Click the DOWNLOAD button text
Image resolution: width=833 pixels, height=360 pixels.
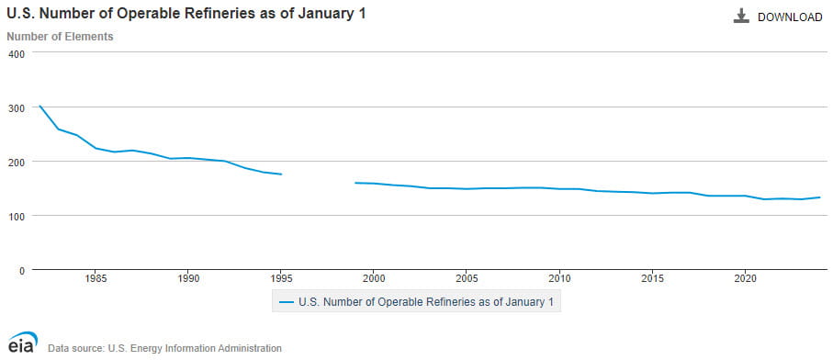[789, 17]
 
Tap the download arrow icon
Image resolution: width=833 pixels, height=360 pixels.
[741, 17]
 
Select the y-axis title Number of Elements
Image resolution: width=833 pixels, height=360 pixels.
[60, 37]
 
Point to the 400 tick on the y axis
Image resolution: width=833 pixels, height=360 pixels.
[16, 53]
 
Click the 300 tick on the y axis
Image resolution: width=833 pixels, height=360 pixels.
[16, 107]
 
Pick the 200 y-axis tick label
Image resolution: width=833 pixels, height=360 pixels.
[16, 162]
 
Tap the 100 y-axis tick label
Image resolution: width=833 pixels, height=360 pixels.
[16, 216]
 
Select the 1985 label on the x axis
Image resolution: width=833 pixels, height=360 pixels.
[96, 276]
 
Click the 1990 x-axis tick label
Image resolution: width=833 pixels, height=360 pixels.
[188, 276]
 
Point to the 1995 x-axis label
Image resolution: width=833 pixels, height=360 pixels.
[281, 276]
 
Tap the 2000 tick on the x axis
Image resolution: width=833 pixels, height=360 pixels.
[374, 276]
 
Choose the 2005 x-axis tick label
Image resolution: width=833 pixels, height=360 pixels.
[467, 276]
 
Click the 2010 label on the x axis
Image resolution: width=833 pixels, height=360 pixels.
[559, 276]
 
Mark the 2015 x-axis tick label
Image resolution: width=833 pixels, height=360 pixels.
[652, 276]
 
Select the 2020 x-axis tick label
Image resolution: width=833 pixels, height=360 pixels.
[745, 276]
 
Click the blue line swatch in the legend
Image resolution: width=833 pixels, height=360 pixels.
[287, 301]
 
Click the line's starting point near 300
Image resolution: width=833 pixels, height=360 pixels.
[39, 106]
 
